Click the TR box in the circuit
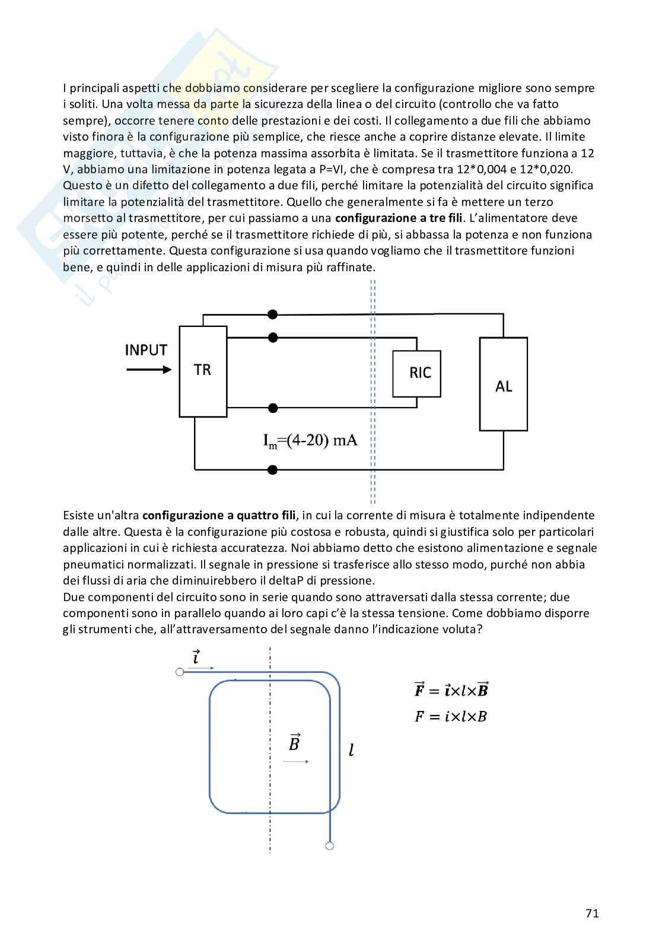coord(203,371)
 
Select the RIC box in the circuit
coord(416,373)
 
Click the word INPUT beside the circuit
coord(146,350)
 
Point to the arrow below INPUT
coord(149,370)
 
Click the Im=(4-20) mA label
coord(310,441)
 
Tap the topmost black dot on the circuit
coord(272,314)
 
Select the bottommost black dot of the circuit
coord(272,470)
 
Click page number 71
coord(591,913)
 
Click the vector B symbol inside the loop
coord(294,742)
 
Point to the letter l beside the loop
coord(351,751)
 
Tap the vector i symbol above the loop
coord(196,658)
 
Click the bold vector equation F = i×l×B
coord(451,690)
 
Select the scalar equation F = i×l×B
coord(451,716)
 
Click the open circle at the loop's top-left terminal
coord(180,672)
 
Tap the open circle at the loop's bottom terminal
coord(330,846)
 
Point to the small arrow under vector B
coord(296,761)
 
